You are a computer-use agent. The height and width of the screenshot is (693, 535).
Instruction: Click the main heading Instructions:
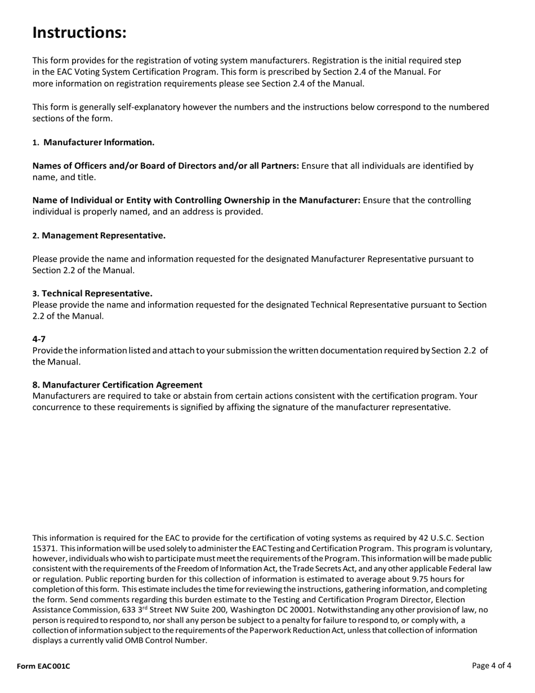pyautogui.click(x=79, y=33)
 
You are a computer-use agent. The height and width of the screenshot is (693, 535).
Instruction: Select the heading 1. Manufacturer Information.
pyautogui.click(x=93, y=142)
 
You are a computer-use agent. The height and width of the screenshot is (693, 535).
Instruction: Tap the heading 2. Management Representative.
pyautogui.click(x=99, y=235)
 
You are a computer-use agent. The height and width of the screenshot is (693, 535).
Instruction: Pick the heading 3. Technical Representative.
pyautogui.click(x=92, y=293)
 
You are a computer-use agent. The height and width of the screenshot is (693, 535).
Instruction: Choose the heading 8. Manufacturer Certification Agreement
pyautogui.click(x=117, y=384)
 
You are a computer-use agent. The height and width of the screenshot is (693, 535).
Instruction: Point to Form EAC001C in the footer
pyautogui.click(x=43, y=667)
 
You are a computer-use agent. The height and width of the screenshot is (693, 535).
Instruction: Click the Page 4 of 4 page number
pyautogui.click(x=492, y=665)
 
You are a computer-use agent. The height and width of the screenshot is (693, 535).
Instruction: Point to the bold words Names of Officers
pyautogui.click(x=69, y=166)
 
